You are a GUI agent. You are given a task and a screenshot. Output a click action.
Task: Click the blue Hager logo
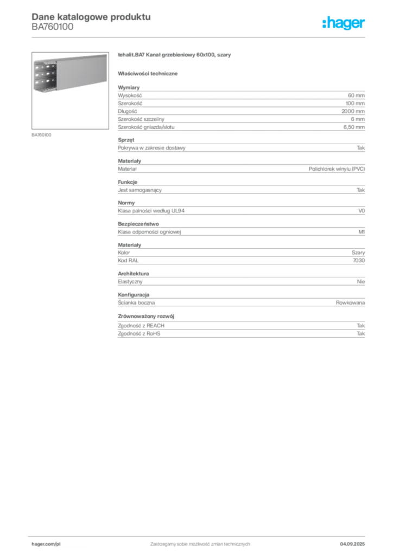point(344,24)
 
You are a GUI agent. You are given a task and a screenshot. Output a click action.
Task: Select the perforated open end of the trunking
point(44,76)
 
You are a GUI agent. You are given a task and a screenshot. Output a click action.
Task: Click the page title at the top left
point(90,16)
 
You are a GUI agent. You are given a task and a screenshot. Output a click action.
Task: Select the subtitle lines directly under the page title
point(52,30)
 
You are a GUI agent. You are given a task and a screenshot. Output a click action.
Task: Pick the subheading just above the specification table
point(149,73)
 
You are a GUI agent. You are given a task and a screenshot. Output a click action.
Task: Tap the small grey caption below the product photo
point(41,134)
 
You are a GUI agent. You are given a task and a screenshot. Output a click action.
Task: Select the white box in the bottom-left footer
point(61,544)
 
